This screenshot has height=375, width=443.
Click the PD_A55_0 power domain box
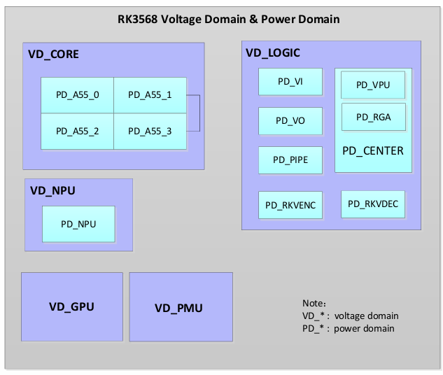pos(78,95)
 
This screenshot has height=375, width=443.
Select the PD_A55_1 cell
pos(150,95)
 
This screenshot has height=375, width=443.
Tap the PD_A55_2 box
pos(78,132)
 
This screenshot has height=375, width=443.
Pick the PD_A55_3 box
pos(150,132)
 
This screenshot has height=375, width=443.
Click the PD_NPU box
pos(78,224)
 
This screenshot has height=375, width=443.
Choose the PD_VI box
pos(290,82)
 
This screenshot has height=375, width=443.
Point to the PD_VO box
pos(290,121)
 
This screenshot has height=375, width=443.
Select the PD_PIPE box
pos(290,160)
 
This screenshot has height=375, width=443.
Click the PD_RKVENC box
pos(290,205)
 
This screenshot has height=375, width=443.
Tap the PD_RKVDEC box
pos(373,204)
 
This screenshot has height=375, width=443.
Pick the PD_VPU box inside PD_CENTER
pos(373,85)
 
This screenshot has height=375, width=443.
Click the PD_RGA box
pos(374,117)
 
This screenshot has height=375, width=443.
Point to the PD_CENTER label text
pos(373,151)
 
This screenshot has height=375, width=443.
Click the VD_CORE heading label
pos(53,54)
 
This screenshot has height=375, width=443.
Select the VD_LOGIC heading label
pos(273,52)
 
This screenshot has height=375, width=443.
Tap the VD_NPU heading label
pos(52,190)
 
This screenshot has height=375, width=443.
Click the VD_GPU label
pos(71,307)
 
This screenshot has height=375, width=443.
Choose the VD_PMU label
pos(178,308)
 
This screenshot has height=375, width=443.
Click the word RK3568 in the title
pos(138,19)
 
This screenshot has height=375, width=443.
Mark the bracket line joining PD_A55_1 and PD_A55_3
pos(199,113)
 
